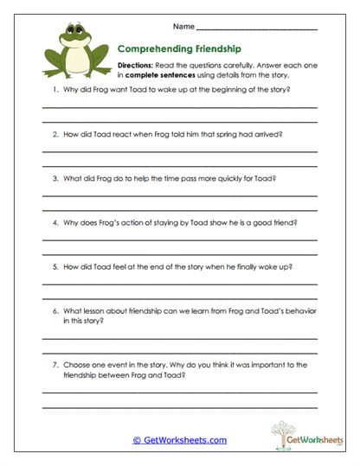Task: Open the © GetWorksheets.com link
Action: click(x=179, y=440)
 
